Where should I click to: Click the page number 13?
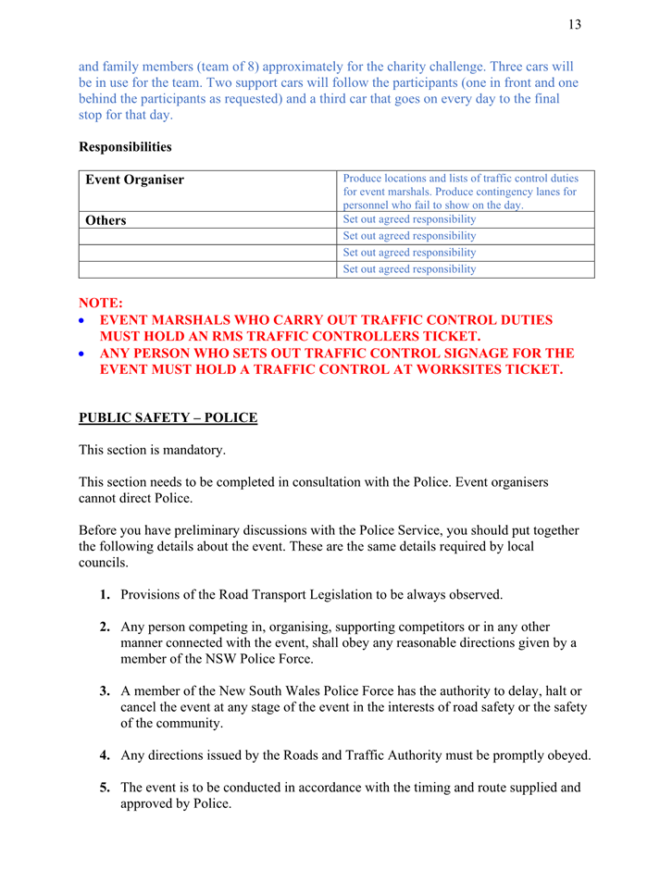575,25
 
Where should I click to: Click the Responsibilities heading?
125,146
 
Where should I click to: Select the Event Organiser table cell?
134,180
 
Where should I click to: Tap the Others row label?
106,220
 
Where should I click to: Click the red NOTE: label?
100,303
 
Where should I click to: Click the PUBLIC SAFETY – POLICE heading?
168,417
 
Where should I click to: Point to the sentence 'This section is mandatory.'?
152,450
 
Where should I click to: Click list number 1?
106,593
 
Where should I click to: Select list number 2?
106,627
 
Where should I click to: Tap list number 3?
106,691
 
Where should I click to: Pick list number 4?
106,755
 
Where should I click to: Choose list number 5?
106,789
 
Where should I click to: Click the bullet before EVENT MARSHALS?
84,320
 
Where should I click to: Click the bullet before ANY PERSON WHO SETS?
84,354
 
